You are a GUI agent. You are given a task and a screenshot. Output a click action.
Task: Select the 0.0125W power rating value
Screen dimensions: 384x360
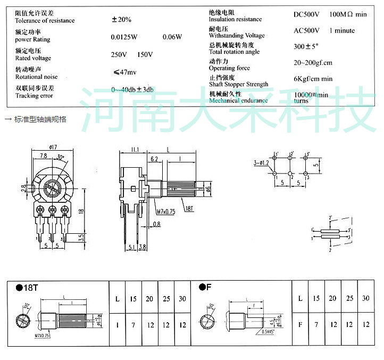coord(124,37)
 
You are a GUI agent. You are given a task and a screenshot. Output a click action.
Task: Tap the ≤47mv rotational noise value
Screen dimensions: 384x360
coord(125,72)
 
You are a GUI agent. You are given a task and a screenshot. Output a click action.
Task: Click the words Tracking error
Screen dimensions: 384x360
coord(34,96)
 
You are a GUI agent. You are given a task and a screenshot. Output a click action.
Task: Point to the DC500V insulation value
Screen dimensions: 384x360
coord(307,14)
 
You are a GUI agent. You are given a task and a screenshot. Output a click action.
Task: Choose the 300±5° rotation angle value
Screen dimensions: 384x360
coord(306,46)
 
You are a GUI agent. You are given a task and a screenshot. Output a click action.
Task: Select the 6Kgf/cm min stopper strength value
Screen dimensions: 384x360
coord(313,79)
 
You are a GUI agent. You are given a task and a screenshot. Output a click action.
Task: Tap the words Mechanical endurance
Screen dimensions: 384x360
coord(238,100)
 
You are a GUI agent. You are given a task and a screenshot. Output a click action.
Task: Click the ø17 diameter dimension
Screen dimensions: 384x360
coord(52,147)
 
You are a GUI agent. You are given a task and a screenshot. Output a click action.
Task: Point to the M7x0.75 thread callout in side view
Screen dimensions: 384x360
coord(165,212)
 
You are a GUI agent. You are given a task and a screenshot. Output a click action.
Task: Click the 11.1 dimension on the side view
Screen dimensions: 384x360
coord(133,150)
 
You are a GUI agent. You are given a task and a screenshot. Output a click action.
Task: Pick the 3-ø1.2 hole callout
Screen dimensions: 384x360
coord(262,163)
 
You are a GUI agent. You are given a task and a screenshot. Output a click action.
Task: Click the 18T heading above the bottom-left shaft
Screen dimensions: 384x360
coord(28,288)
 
